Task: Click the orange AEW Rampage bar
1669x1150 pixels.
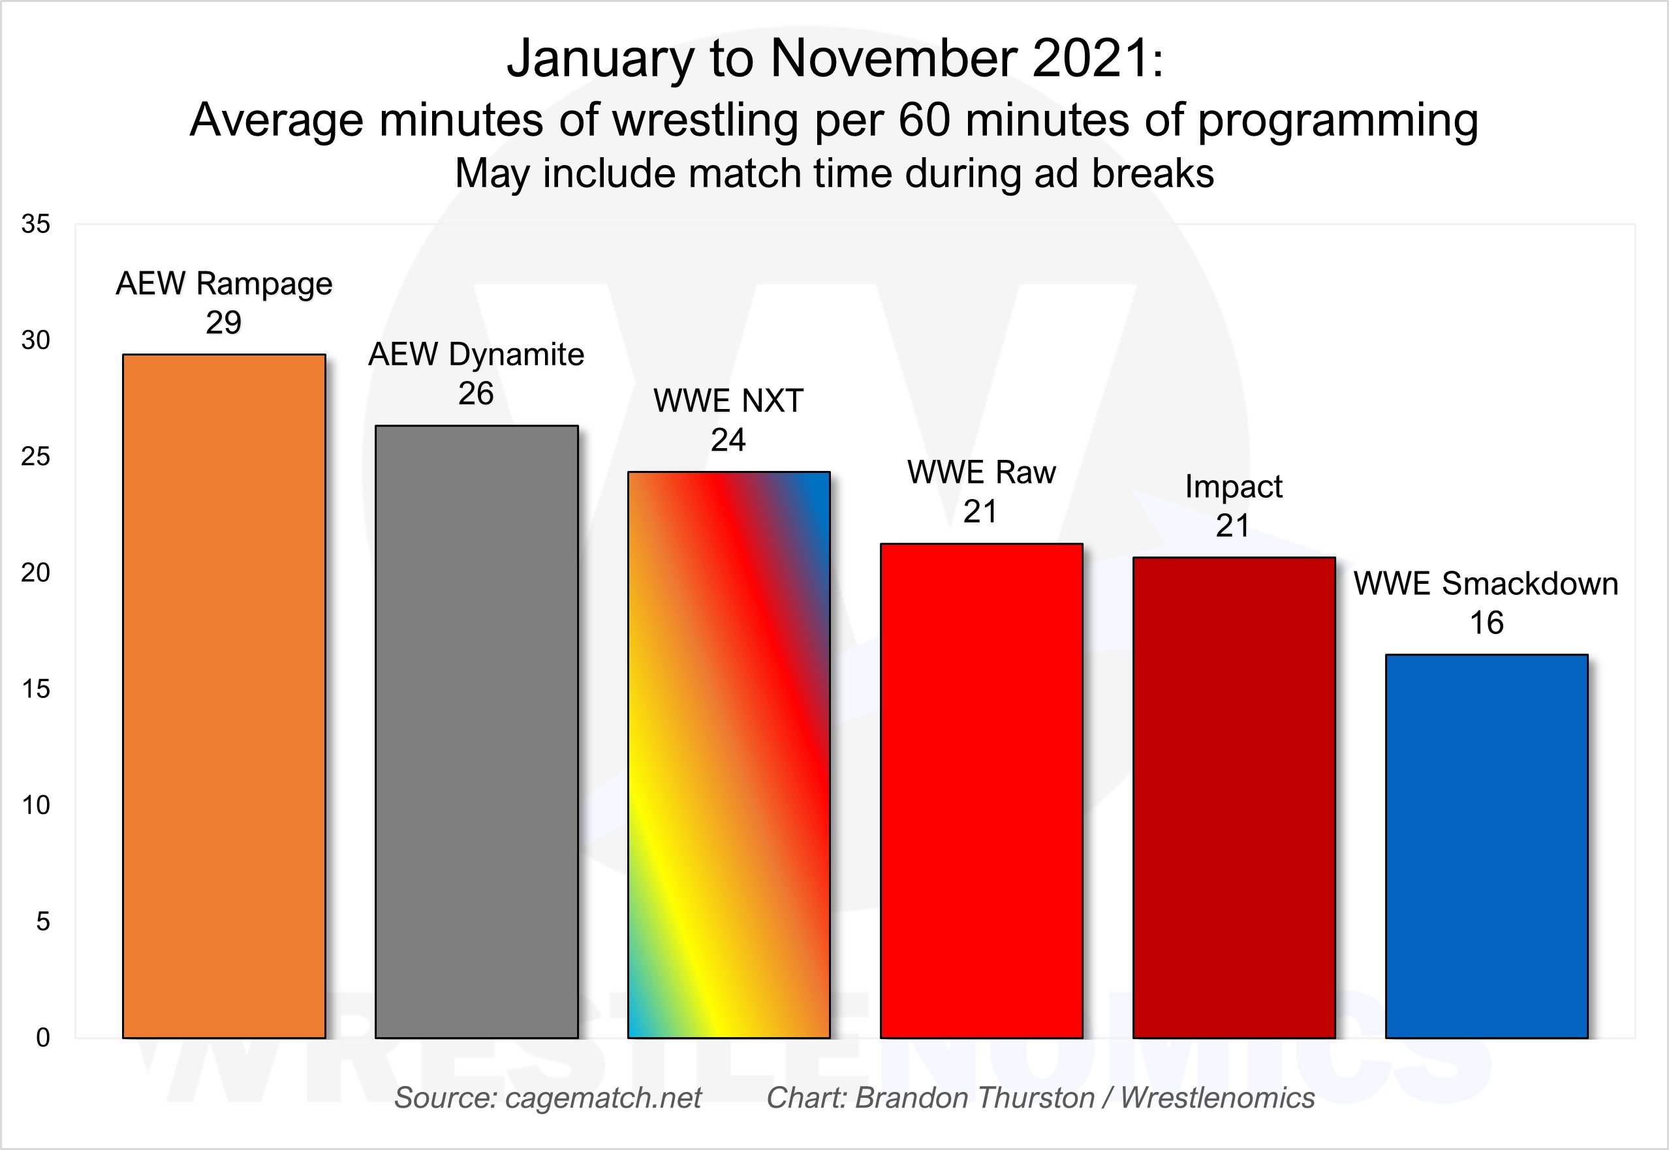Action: (223, 695)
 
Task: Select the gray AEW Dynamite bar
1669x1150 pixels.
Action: (476, 731)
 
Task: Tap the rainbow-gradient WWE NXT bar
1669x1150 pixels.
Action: (728, 755)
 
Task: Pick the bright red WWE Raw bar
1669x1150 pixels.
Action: (980, 791)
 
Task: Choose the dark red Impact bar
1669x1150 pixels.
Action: (1234, 797)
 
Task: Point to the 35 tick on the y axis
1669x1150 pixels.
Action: (35, 224)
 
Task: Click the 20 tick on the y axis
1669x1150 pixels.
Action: (35, 573)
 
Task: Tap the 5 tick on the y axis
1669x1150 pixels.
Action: (42, 922)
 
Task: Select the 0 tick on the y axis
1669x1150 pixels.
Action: (42, 1038)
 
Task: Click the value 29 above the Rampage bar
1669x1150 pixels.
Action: (223, 322)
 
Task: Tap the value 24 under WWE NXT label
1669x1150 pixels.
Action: (728, 440)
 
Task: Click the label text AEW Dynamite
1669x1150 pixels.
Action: (476, 354)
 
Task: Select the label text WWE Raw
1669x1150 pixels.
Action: (980, 473)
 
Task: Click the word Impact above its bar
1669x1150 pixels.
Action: (1234, 487)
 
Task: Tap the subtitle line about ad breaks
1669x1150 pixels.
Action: (834, 174)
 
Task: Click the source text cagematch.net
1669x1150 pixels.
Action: (602, 1097)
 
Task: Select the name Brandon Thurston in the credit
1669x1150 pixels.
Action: (975, 1097)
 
